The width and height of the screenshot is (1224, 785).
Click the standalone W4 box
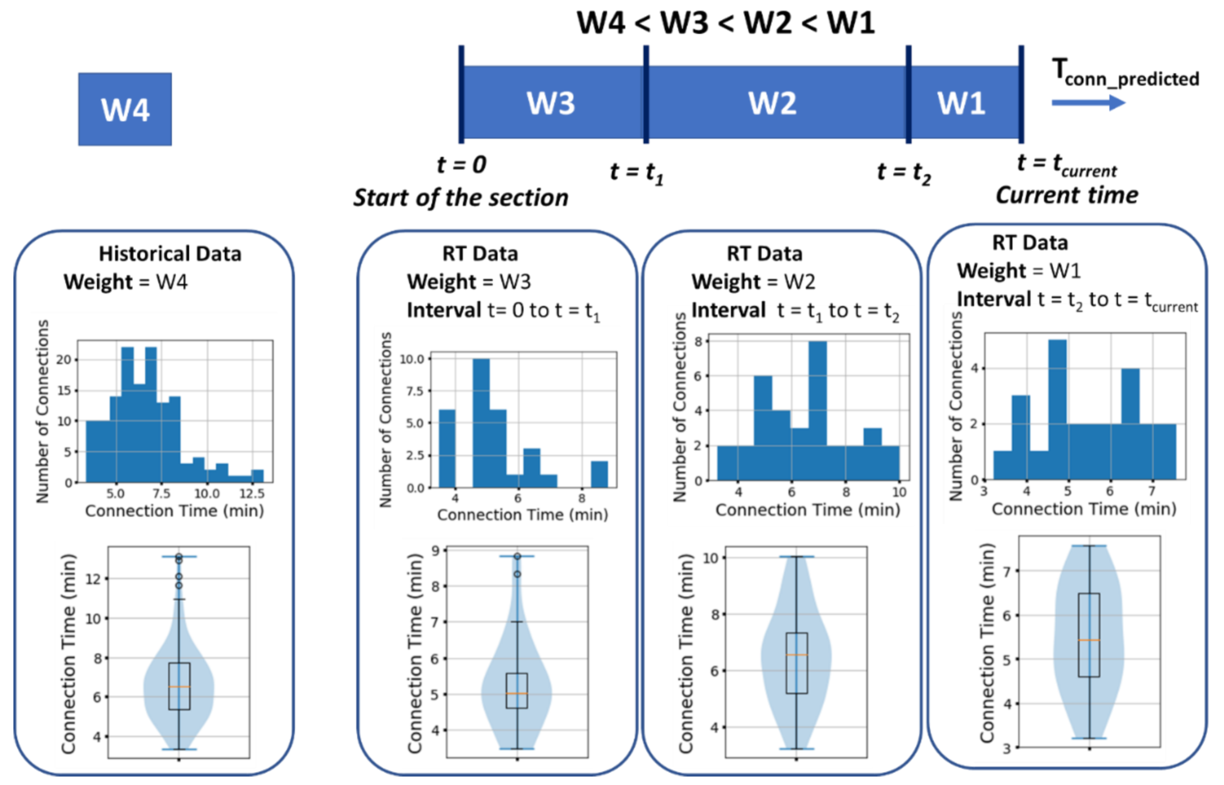[125, 109]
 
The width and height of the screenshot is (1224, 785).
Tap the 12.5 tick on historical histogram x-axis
[252, 493]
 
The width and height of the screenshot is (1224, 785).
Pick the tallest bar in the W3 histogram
[481, 423]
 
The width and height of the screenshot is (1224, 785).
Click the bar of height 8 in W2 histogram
[817, 410]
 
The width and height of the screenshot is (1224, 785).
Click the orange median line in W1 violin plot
[1089, 640]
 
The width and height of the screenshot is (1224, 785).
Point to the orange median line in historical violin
[179, 687]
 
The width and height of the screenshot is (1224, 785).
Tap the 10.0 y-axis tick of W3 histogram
[412, 359]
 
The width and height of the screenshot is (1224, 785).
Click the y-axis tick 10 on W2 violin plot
[711, 558]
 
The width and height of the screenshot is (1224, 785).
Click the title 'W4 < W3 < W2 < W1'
[726, 23]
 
